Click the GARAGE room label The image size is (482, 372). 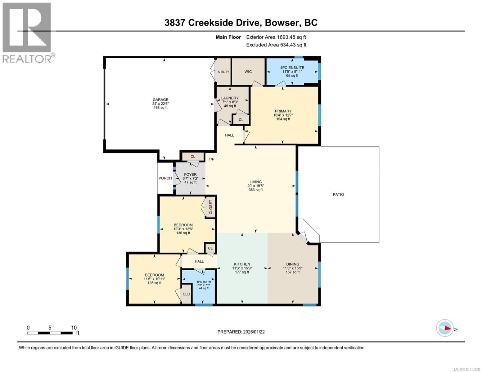[x=160, y=100]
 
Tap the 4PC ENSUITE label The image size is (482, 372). [x=292, y=68]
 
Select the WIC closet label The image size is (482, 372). [x=248, y=72]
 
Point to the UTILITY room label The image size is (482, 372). [x=223, y=72]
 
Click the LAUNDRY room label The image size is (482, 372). [x=230, y=98]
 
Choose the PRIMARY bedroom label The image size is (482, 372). [x=283, y=111]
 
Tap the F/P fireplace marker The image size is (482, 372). [x=211, y=159]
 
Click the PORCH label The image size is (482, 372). [x=165, y=178]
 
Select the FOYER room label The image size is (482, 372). [x=190, y=175]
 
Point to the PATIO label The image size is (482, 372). [x=338, y=195]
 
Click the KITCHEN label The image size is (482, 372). [x=242, y=264]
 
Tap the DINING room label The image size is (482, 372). [x=291, y=264]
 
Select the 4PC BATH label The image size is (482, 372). [x=203, y=282]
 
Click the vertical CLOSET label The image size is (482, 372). [x=211, y=207]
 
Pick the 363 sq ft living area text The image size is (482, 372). [x=255, y=190]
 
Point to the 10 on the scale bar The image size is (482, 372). [x=74, y=328]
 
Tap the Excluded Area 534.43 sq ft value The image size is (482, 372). [x=276, y=45]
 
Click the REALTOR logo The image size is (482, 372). [x=27, y=33]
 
